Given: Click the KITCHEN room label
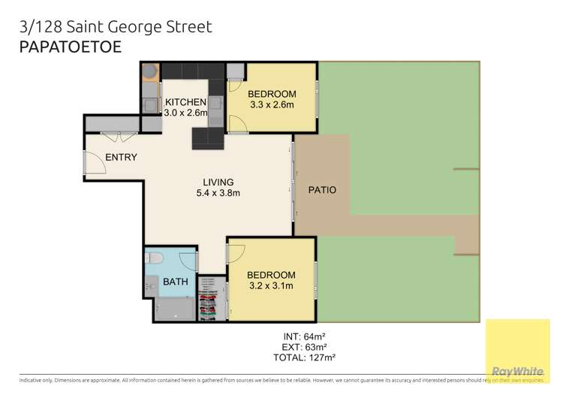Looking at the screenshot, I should pyautogui.click(x=185, y=102).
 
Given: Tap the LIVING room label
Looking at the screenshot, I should pyautogui.click(x=218, y=182).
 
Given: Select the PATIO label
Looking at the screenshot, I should pyautogui.click(x=322, y=190).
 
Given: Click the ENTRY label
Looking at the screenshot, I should pyautogui.click(x=121, y=157).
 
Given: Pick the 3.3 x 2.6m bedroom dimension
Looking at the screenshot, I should pyautogui.click(x=273, y=106).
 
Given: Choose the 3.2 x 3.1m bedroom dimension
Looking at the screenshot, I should pyautogui.click(x=272, y=286).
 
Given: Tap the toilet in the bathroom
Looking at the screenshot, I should pyautogui.click(x=156, y=259).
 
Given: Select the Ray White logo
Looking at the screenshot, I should pyautogui.click(x=517, y=371).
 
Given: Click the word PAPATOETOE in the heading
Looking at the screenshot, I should pyautogui.click(x=69, y=47).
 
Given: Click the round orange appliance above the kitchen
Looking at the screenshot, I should pyautogui.click(x=149, y=71).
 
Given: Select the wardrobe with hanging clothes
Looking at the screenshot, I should pyautogui.click(x=211, y=298).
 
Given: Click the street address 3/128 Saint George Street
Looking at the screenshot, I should pyautogui.click(x=115, y=27).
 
